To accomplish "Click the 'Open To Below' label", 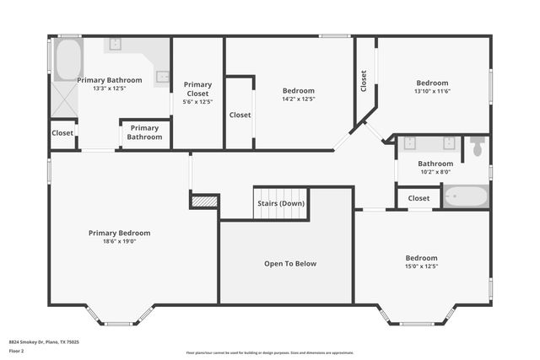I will pyautogui.click(x=289, y=264).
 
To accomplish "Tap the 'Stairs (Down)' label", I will pyautogui.click(x=281, y=204).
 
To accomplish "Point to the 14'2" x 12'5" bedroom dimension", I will pyautogui.click(x=298, y=99).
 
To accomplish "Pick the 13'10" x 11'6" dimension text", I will pyautogui.click(x=432, y=91).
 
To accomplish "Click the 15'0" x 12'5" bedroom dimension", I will pyautogui.click(x=421, y=266).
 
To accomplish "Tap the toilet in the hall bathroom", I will pyautogui.click(x=478, y=146).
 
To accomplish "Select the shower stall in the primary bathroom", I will pyautogui.click(x=65, y=100).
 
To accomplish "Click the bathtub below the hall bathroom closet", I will pyautogui.click(x=466, y=198).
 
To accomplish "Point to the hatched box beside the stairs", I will pyautogui.click(x=203, y=201).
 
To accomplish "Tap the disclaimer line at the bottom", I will pyautogui.click(x=270, y=353).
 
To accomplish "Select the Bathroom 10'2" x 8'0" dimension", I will pyautogui.click(x=435, y=171).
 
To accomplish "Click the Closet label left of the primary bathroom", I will pyautogui.click(x=62, y=133).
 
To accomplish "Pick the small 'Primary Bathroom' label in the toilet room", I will pyautogui.click(x=145, y=132).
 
